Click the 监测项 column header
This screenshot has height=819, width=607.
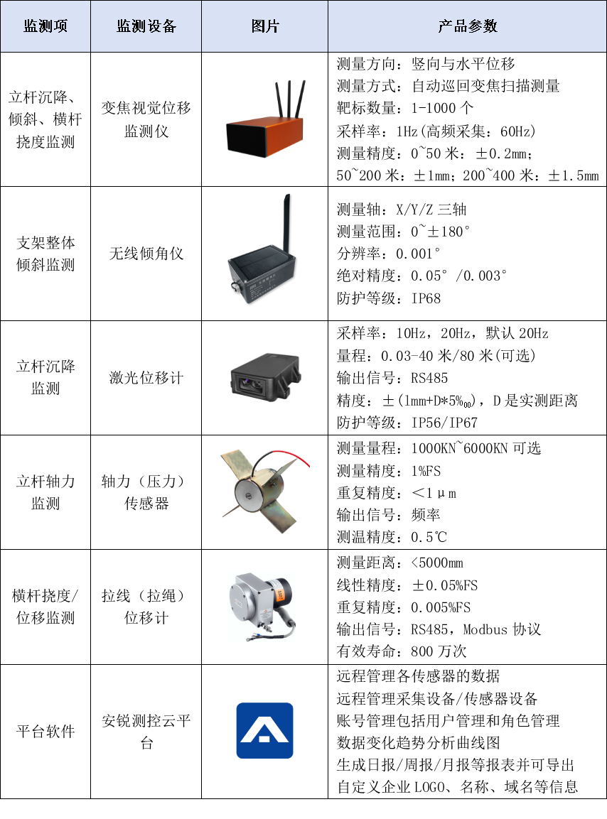coord(45,26)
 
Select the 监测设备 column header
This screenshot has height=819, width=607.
coord(146,26)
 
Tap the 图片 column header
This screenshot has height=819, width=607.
coord(265,26)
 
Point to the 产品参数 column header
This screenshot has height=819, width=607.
coord(468,26)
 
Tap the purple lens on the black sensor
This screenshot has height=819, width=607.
coord(247,384)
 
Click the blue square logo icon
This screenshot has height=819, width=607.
coord(264,730)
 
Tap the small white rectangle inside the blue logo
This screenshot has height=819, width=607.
coord(264,739)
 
